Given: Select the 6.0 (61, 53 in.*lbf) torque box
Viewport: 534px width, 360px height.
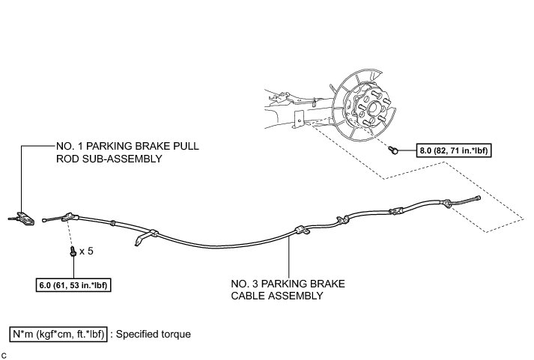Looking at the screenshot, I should click(73, 284).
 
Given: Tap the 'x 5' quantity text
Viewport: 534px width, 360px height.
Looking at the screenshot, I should click(86, 251).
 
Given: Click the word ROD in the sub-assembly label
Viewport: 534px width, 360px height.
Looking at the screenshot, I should click(68, 159).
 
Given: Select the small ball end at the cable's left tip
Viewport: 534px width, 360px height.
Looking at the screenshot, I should click(46, 219).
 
